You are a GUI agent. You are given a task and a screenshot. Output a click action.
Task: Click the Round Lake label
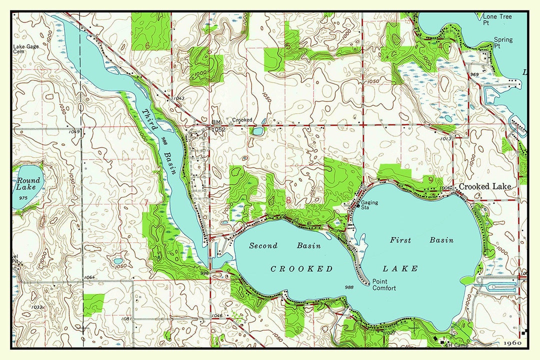click(x=26, y=184)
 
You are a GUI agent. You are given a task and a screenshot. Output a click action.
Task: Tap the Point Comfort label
click(x=384, y=284)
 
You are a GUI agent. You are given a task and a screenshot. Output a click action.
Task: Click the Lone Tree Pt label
click(x=497, y=19)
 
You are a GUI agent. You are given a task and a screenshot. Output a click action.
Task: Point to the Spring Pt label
click(x=503, y=42)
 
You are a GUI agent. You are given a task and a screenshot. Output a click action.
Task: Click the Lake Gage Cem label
click(x=25, y=48)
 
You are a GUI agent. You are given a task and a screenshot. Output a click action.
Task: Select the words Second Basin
click(x=285, y=245)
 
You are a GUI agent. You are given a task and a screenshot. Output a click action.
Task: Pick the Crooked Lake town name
click(x=484, y=186)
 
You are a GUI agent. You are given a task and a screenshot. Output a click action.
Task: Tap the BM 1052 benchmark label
click(x=218, y=126)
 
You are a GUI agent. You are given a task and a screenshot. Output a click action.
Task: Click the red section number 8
click(x=288, y=200)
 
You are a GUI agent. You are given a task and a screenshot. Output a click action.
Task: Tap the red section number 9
click(x=430, y=179)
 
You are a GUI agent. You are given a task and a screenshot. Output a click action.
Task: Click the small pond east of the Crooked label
click(x=257, y=131)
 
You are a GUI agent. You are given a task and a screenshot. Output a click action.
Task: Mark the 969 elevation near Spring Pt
click(x=474, y=74)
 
